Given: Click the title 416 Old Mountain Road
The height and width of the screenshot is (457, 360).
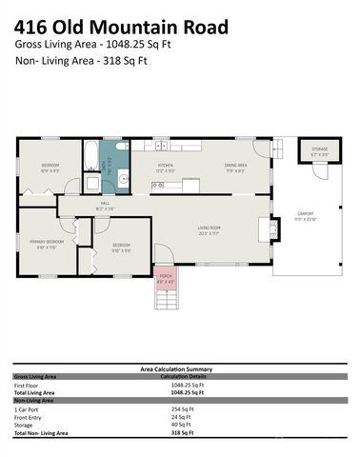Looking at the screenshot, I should pos(122,26).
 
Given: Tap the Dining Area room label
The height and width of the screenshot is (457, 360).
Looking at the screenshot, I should pos(236,167).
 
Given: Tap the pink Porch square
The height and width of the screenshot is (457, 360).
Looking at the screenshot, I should pos(165,278).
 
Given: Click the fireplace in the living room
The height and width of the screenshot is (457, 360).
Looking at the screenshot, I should pos(272,228).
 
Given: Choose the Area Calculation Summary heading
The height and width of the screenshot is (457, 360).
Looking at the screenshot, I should pos(180,369).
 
